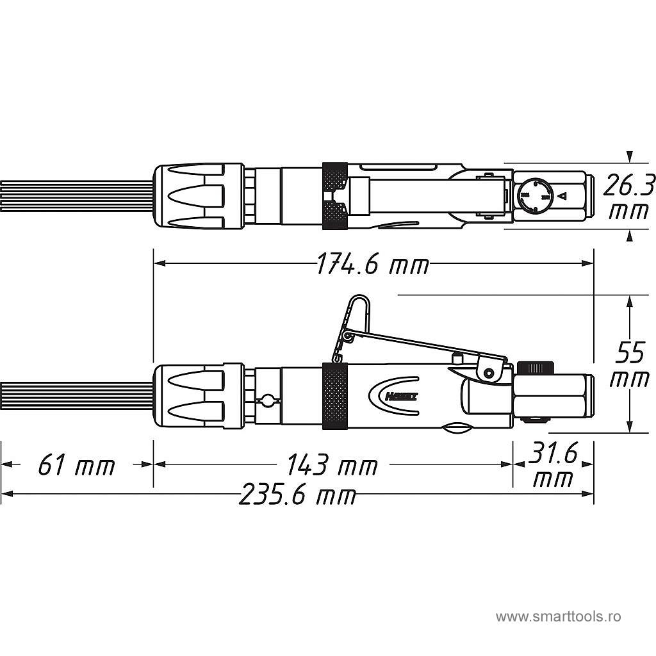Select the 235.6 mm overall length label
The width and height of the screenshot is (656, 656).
point(297,495)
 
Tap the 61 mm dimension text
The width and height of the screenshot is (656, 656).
point(76,465)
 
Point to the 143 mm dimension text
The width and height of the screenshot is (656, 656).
point(331,465)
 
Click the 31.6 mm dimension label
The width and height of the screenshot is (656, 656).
point(553,466)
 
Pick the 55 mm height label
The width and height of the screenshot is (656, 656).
point(629,365)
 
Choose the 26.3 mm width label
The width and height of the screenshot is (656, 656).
point(630,197)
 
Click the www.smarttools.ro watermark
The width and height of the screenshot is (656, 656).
point(558,617)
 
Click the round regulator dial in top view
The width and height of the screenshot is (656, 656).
point(534,196)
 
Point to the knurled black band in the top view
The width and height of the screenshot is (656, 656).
point(335,195)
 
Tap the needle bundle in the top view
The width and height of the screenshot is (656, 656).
point(77,195)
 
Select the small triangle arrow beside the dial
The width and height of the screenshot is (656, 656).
point(562,196)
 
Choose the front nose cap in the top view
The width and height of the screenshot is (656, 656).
point(198,195)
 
